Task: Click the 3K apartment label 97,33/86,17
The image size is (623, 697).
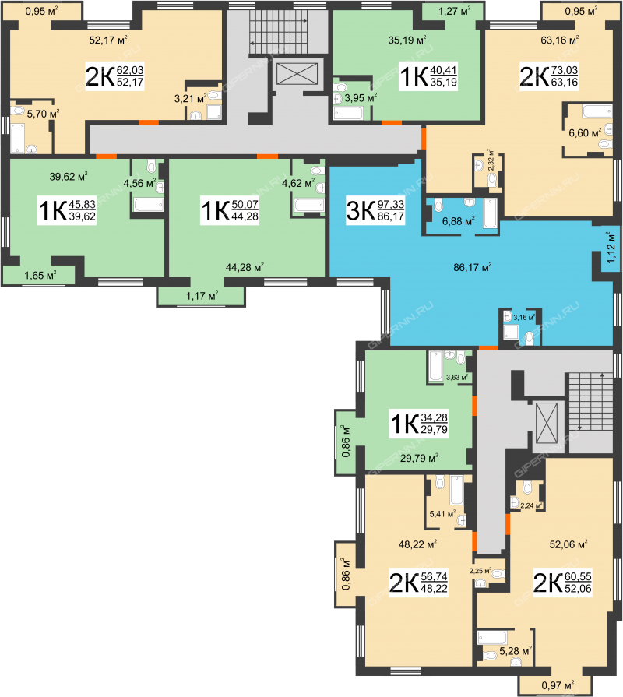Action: tap(375, 211)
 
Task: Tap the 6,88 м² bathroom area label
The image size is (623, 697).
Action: tap(458, 221)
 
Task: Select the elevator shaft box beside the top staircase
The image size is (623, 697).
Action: tap(297, 74)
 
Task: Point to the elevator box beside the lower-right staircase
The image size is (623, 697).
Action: tap(546, 423)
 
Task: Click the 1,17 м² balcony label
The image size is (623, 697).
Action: tap(202, 295)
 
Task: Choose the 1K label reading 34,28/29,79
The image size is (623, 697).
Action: tap(419, 424)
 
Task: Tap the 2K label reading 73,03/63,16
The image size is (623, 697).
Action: tap(549, 76)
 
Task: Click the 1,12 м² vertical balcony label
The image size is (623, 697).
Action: tap(611, 247)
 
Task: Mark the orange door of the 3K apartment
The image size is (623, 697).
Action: tap(488, 347)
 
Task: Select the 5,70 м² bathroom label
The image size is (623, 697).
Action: tap(43, 114)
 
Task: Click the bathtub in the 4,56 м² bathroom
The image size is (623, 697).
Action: tap(149, 205)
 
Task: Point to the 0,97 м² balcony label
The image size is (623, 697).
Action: tap(558, 685)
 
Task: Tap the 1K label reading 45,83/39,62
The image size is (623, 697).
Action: tap(67, 211)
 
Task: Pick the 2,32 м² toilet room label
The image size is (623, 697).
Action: tap(491, 160)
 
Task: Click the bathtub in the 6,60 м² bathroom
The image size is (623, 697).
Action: tap(597, 111)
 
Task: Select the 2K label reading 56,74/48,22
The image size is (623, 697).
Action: tap(419, 583)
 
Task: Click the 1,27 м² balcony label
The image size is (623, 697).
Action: tap(454, 11)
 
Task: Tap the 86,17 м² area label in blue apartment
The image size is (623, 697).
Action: tap(473, 267)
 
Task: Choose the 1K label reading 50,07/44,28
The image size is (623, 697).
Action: tap(229, 211)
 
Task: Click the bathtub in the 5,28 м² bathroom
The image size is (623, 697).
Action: tap(492, 638)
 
